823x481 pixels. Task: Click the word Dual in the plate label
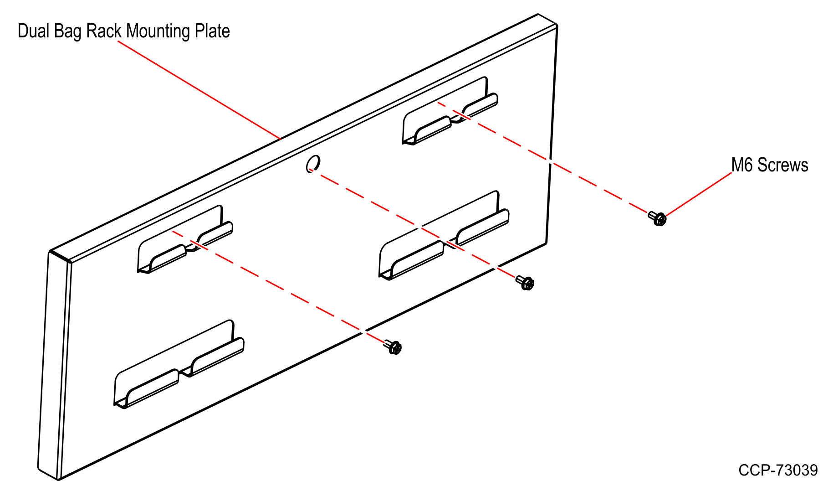[34, 31]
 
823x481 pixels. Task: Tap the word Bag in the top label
[68, 32]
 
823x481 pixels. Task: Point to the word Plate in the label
[212, 31]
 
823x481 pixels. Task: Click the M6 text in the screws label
[742, 165]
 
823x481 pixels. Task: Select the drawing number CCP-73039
[778, 470]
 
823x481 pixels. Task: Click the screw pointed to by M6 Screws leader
[658, 218]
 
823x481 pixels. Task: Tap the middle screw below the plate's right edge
[525, 282]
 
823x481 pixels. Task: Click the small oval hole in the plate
[313, 164]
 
